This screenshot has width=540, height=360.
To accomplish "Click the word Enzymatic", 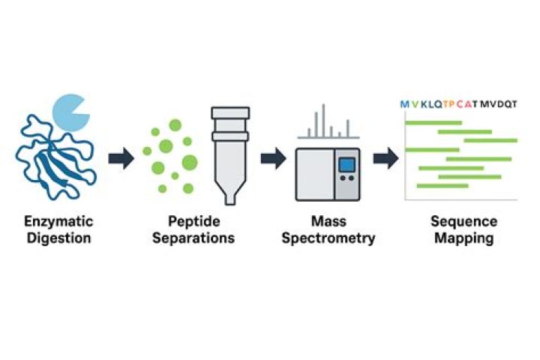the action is point(58,221).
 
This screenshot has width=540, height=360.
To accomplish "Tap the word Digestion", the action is point(59,238).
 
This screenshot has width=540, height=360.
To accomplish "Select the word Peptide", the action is point(194,221).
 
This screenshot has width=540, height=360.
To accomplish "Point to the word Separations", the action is point(193,238).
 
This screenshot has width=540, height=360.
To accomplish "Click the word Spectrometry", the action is point(328,238).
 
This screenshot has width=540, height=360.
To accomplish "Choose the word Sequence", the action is point(464,221).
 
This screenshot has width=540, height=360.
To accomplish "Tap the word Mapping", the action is point(464,238).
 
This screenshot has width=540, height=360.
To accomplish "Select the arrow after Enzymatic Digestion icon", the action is point(121,158).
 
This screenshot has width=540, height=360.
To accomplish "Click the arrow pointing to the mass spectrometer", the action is point(274,158).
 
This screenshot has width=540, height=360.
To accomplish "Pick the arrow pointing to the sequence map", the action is point(386,158).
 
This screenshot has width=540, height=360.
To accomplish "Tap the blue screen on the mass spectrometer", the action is point(346,165).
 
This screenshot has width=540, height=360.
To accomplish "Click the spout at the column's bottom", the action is point(230,199).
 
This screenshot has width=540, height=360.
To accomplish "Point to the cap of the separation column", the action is point(230,113).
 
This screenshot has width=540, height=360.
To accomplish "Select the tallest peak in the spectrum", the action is point(323,121).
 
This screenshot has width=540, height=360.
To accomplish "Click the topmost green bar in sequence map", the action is point(433,123).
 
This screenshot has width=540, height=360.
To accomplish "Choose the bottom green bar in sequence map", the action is point(442,186).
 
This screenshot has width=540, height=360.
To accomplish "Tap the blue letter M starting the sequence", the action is point(405,104).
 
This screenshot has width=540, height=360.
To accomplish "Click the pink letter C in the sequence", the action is point(460,104).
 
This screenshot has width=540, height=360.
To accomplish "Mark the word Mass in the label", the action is point(328,221).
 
